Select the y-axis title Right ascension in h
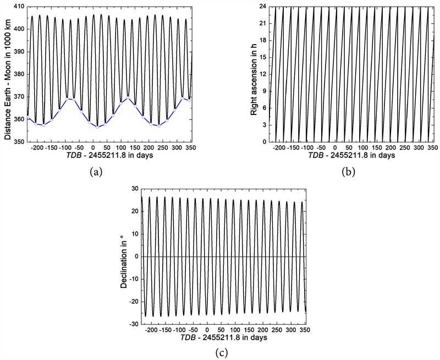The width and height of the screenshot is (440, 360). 254,74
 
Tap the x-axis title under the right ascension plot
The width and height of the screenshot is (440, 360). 351,155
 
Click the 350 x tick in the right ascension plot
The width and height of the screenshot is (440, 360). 432,148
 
